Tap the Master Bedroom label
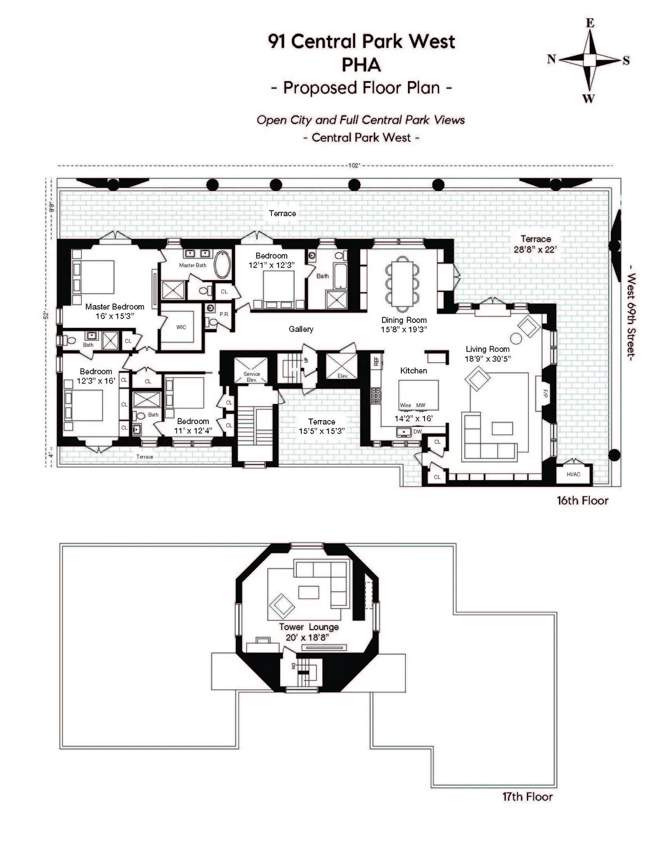coord(115,307)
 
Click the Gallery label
coord(301,329)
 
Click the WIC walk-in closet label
coord(181,327)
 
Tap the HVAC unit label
coord(573,475)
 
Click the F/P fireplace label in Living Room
coord(545,393)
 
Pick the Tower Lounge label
coord(308,627)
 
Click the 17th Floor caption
coord(527,797)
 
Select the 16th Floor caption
coord(582,500)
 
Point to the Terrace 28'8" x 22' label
coord(535,245)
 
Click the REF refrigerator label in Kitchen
coord(376,361)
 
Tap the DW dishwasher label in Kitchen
coord(417,432)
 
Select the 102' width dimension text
coord(354,165)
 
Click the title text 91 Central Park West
coord(361,41)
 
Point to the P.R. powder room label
coord(224,315)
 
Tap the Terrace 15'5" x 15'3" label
coord(321,426)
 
